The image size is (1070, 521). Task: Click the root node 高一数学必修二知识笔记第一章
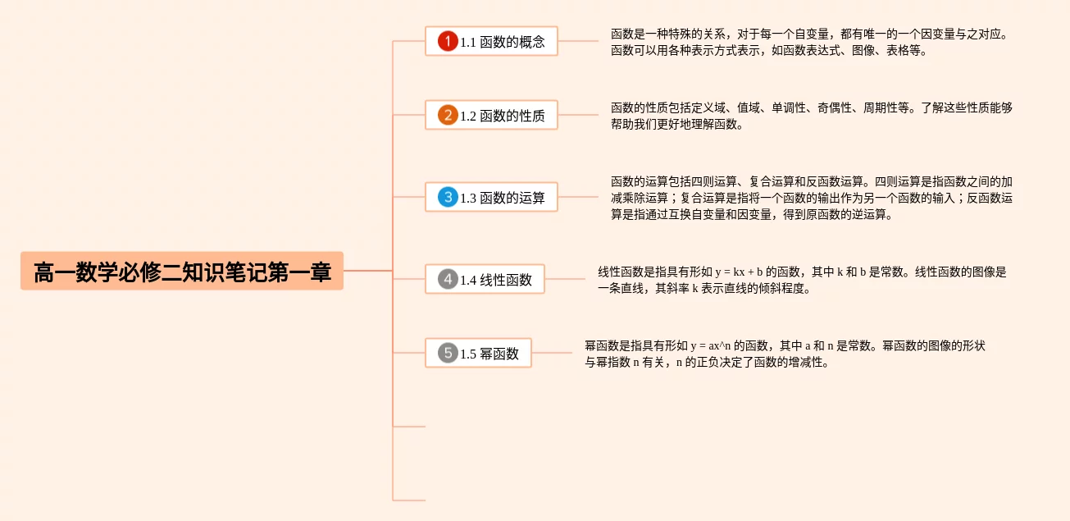181,272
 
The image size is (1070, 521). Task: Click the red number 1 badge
447,41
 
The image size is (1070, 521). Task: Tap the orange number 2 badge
447,116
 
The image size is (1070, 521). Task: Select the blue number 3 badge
447,198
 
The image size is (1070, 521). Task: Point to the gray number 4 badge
447,280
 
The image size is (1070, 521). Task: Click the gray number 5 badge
447,354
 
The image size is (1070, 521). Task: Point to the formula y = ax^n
710,345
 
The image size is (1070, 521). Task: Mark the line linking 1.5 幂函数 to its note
552,354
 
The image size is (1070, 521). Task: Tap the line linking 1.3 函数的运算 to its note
578,197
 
